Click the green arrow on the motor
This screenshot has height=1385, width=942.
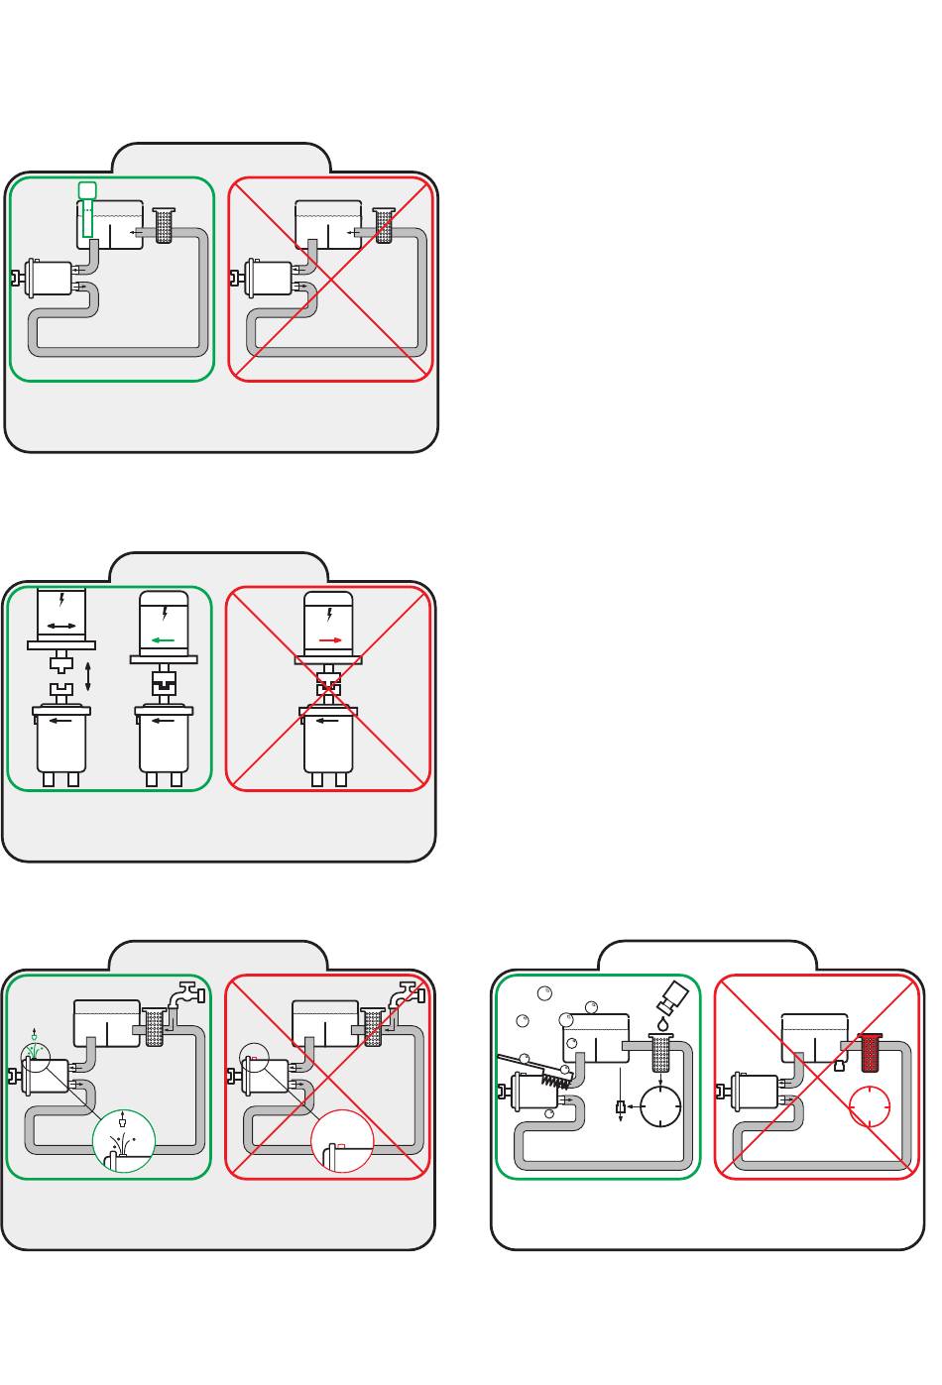coord(162,640)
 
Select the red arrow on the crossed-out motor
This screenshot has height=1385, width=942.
coord(330,640)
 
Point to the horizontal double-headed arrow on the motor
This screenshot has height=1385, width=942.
coord(60,627)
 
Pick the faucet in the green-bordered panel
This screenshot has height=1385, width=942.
coord(185,993)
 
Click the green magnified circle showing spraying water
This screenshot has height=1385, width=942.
coord(124,1146)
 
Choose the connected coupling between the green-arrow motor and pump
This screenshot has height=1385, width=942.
coord(162,684)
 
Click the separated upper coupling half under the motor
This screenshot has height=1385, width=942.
coord(60,661)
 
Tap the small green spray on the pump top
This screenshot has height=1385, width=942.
coord(36,1047)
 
